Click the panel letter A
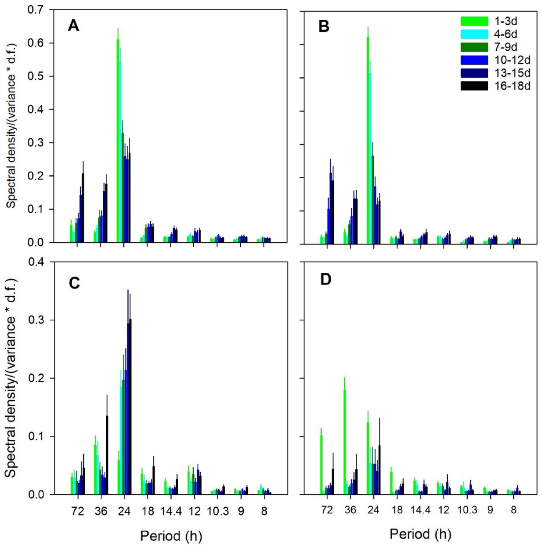74,26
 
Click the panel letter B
324,27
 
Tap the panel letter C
74,283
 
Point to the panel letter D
325,280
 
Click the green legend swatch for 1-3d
474,21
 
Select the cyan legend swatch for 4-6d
474,34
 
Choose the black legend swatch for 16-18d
474,86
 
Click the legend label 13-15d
512,73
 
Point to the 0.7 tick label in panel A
36,10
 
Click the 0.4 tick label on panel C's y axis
36,262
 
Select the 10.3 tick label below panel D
467,510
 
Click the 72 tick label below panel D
327,510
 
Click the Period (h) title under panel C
171,536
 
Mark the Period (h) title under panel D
420,534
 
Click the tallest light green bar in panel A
118,140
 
